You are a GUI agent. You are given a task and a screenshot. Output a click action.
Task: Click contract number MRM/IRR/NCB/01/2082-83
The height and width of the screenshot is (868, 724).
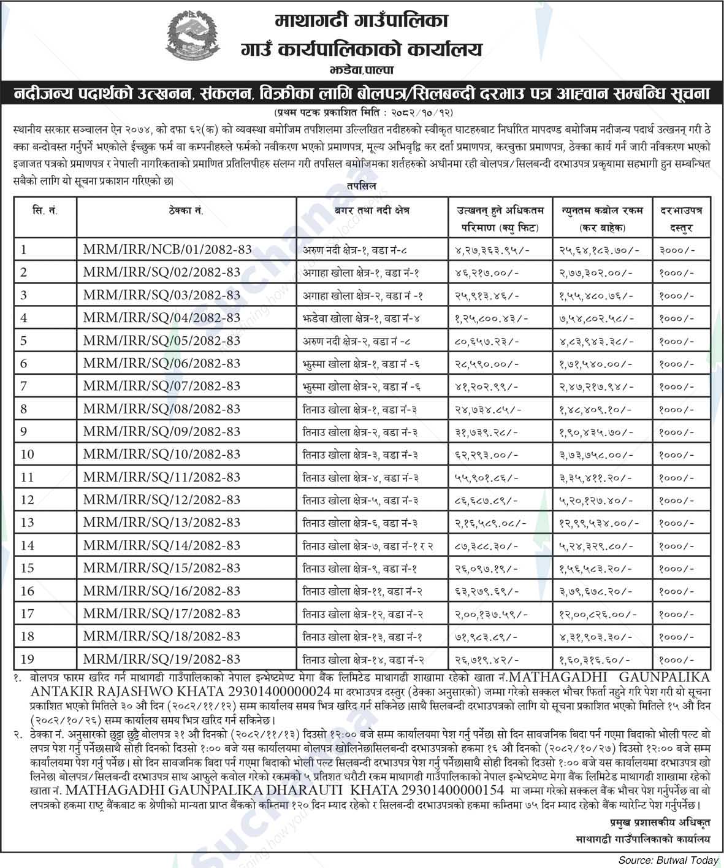pos(167,250)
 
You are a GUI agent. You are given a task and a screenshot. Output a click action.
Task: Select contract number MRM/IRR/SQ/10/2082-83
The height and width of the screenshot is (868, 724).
pos(162,455)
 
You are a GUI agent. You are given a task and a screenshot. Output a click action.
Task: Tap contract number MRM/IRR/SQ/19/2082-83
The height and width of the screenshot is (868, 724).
pos(162,659)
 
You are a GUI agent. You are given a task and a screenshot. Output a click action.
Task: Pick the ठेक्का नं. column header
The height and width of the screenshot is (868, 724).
pos(186,210)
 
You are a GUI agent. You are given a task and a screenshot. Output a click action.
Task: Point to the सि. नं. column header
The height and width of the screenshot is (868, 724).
pos(45,210)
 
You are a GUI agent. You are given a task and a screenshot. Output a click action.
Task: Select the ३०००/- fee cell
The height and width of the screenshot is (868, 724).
pos(677,250)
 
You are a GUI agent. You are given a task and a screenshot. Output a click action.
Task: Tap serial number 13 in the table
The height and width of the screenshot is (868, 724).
pos(27,523)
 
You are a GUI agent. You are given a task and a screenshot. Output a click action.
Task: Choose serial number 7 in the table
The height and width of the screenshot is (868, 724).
pos(24,386)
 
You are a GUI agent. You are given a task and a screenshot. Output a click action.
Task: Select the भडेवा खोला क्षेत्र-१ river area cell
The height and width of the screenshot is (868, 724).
pos(361,318)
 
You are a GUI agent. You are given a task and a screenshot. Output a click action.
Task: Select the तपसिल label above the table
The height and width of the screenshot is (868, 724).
pos(361,185)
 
